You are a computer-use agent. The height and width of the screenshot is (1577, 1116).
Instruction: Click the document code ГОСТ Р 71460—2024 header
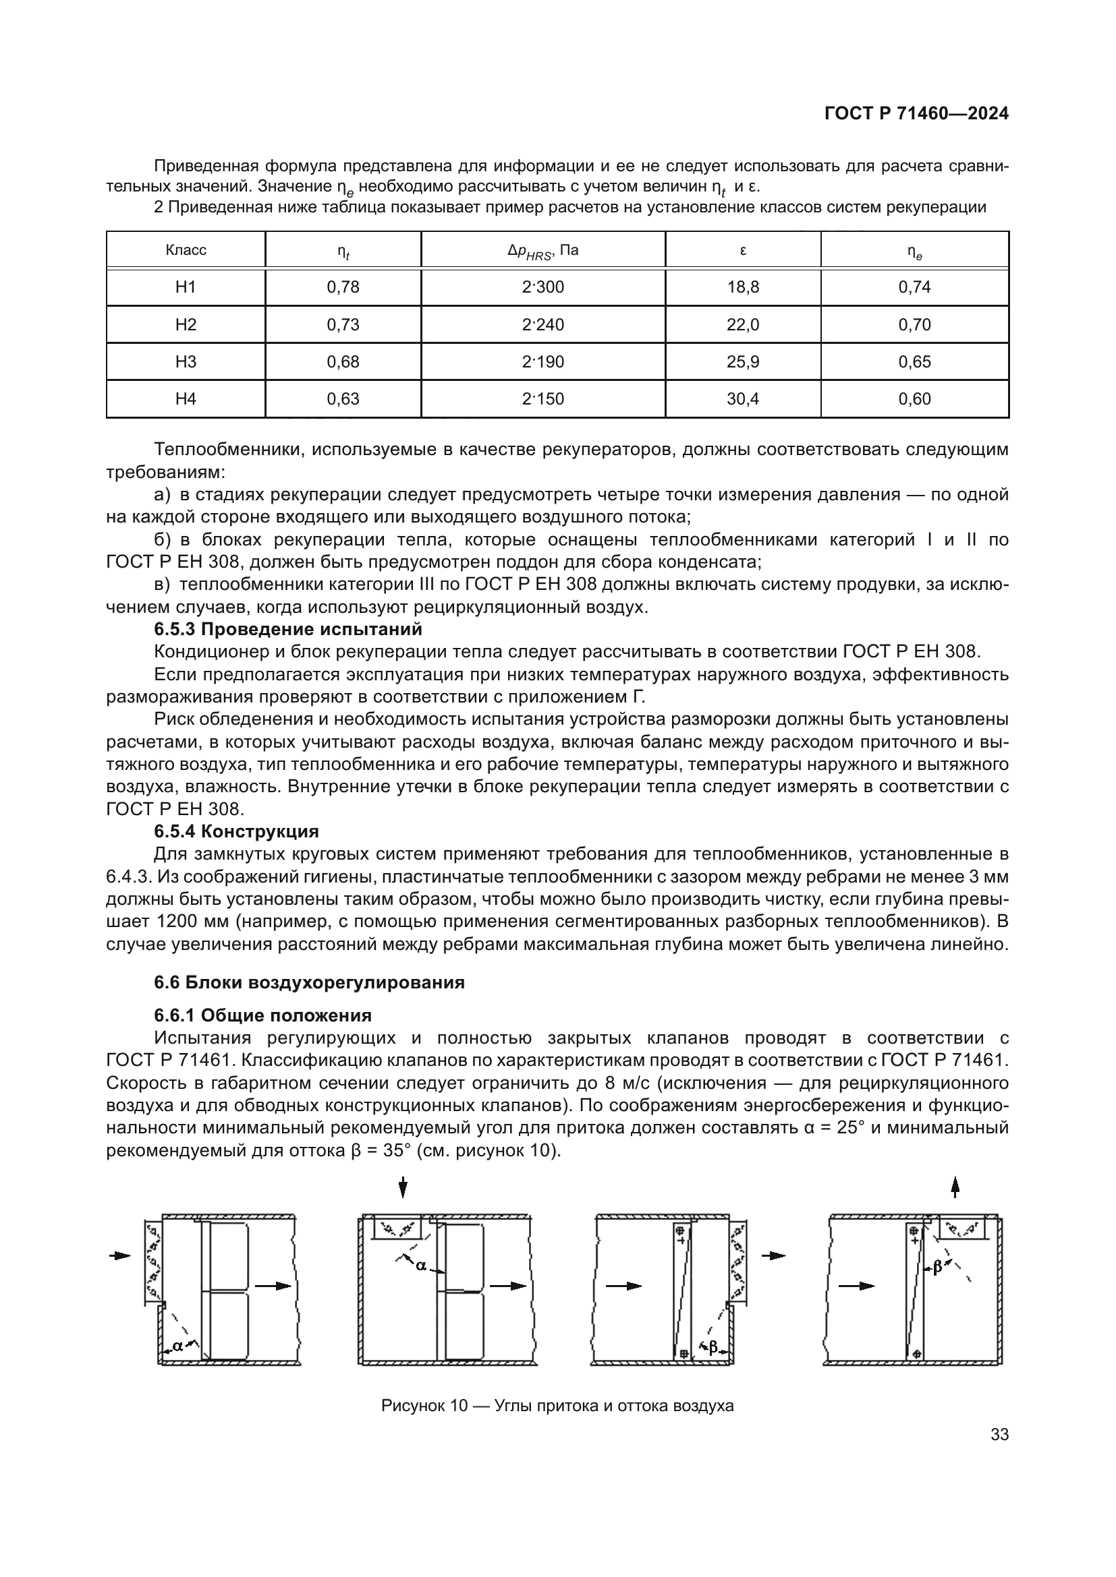pyautogui.click(x=916, y=114)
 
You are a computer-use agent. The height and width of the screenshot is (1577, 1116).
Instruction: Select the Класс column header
pyautogui.click(x=186, y=250)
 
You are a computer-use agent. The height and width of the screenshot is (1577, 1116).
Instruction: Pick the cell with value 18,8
pyautogui.click(x=743, y=287)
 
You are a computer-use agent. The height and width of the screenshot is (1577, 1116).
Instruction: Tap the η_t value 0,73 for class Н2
pyautogui.click(x=343, y=325)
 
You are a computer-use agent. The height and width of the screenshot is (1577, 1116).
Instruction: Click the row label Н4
pyautogui.click(x=186, y=399)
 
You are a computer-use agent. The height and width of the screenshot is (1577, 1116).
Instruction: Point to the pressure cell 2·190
pyautogui.click(x=543, y=362)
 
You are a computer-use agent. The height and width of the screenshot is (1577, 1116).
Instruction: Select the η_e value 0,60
pyautogui.click(x=915, y=399)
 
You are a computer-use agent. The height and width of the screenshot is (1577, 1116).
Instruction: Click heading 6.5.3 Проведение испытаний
pyautogui.click(x=287, y=629)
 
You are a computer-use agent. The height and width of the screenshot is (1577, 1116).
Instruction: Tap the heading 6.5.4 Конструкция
pyautogui.click(x=236, y=831)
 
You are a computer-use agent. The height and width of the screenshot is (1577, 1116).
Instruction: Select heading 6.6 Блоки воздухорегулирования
pyautogui.click(x=309, y=982)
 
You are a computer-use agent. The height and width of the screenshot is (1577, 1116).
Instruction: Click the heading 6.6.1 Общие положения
pyautogui.click(x=262, y=1016)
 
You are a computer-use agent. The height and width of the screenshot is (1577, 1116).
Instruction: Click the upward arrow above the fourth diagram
pyautogui.click(x=955, y=1187)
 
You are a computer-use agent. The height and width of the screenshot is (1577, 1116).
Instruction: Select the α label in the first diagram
pyautogui.click(x=178, y=1346)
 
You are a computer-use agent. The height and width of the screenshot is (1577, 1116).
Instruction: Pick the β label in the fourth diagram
pyautogui.click(x=937, y=1268)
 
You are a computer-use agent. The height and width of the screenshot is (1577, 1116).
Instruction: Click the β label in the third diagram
pyautogui.click(x=713, y=1348)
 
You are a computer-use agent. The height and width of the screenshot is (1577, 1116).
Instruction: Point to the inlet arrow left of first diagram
pyautogui.click(x=121, y=1255)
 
